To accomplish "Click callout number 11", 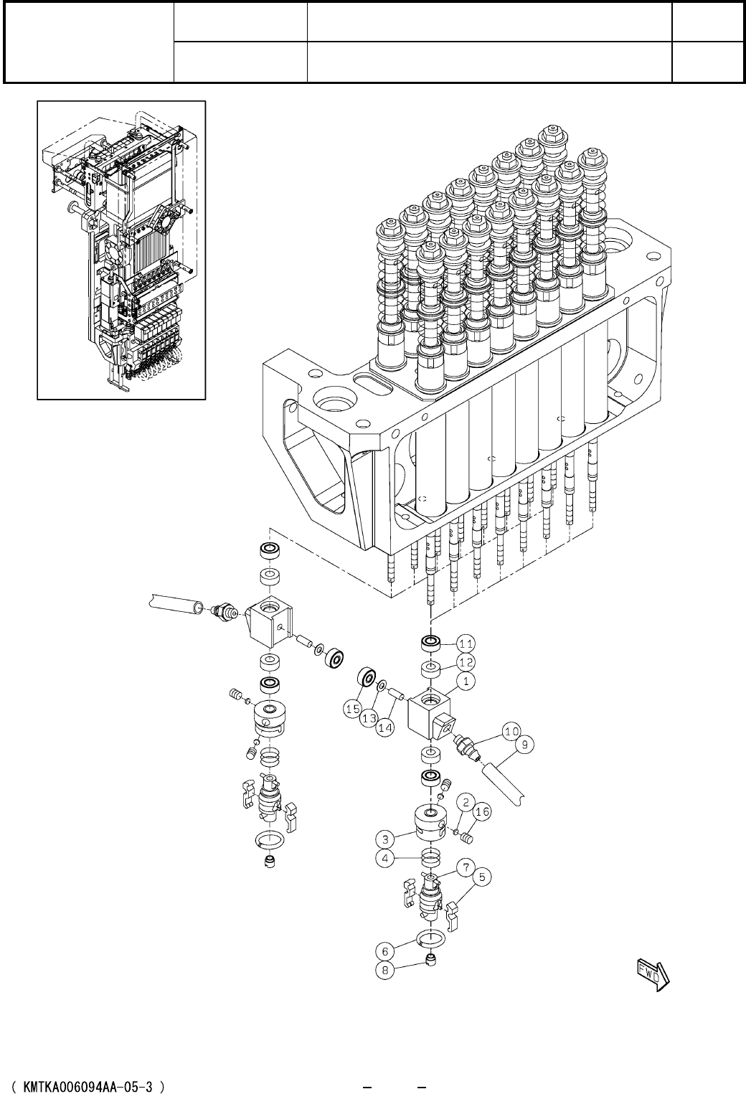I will [x=466, y=642].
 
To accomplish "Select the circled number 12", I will [x=466, y=661].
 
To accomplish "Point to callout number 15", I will [x=352, y=709].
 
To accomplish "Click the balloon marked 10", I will [x=511, y=732].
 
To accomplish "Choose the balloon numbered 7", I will [x=466, y=869].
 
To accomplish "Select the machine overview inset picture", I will [x=121, y=250].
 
